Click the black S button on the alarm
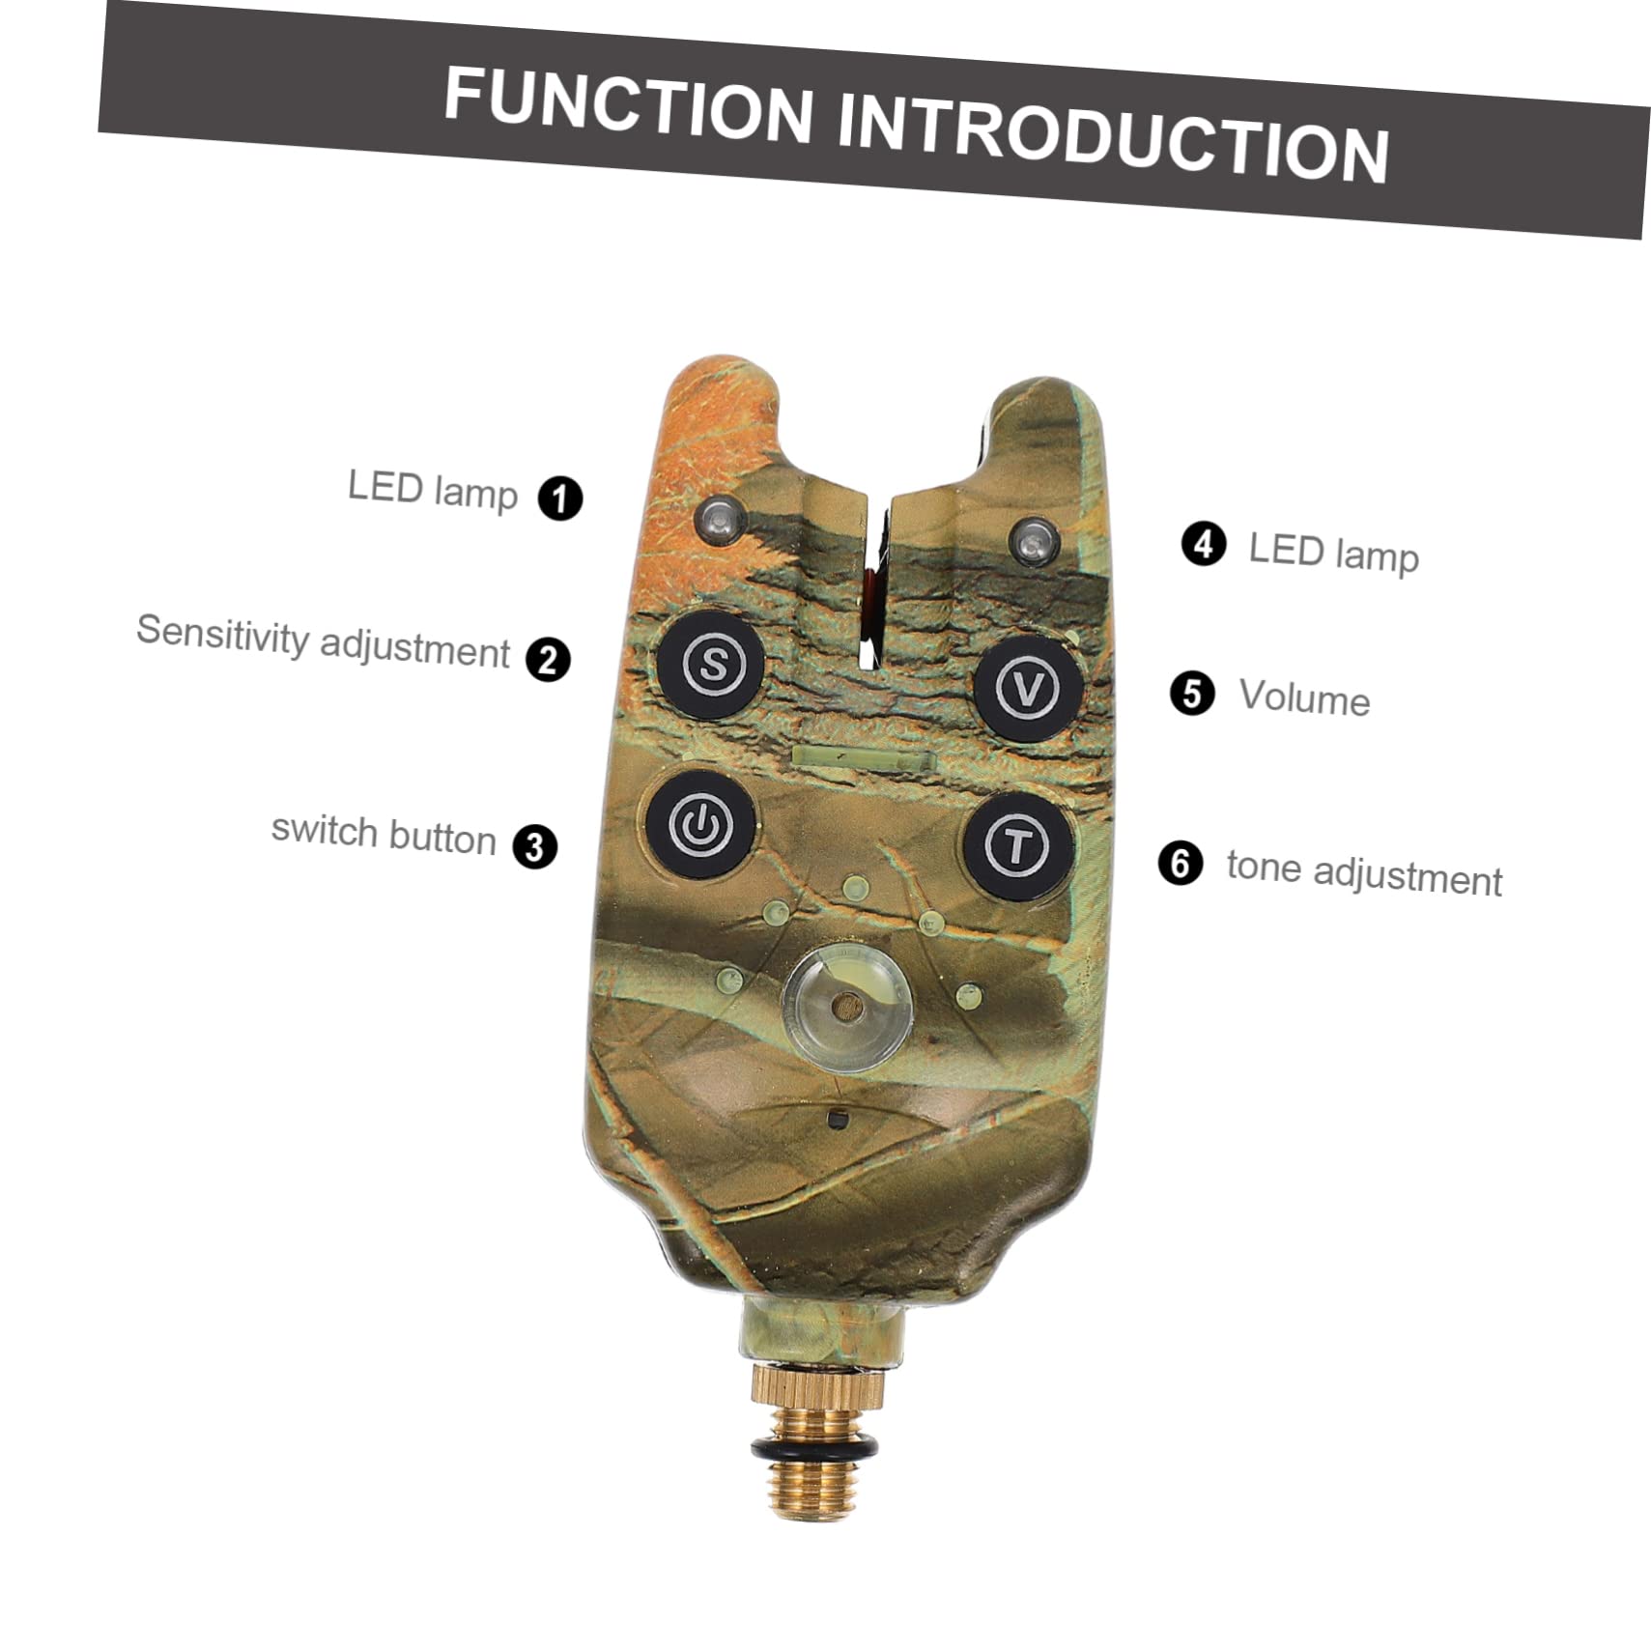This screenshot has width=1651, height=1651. pyautogui.click(x=712, y=664)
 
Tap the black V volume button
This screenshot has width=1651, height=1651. pyautogui.click(x=1027, y=688)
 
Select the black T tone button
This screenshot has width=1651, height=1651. pyautogui.click(x=1016, y=846)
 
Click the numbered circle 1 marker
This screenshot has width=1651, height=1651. pyautogui.click(x=560, y=498)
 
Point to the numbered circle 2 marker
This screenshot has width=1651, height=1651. pyautogui.click(x=548, y=660)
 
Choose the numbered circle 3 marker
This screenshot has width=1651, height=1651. pyautogui.click(x=535, y=846)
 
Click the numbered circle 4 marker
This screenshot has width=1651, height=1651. pyautogui.click(x=1204, y=545)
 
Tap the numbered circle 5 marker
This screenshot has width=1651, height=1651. pyautogui.click(x=1192, y=694)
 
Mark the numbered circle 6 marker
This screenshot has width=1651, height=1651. pyautogui.click(x=1181, y=863)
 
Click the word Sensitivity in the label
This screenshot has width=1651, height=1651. pyautogui.click(x=222, y=635)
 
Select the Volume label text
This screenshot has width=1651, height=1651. pyautogui.click(x=1304, y=697)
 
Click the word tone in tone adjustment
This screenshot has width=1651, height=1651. pyautogui.click(x=1264, y=867)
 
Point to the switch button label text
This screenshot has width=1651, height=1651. pyautogui.click(x=384, y=833)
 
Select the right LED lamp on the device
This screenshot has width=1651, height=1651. pyautogui.click(x=1034, y=541)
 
